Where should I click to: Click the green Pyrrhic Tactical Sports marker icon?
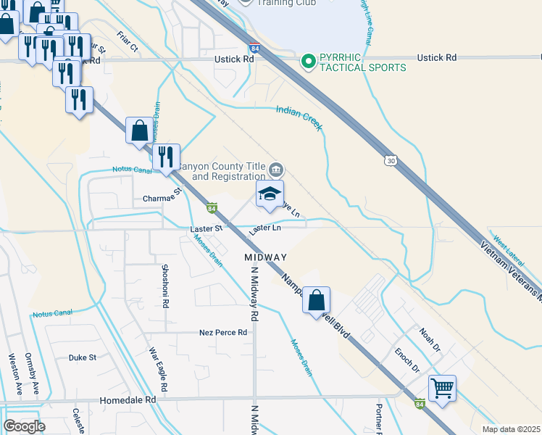pos(307,62)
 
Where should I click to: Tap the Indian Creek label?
pos(299,117)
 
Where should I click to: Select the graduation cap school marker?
pos(270,194)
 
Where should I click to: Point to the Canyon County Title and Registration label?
pos(220,171)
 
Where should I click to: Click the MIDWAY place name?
pos(265,257)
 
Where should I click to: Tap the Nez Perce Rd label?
pos(223,333)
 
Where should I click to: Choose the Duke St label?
pos(82,357)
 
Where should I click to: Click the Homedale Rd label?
pos(130,399)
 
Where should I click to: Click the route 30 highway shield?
pos(391,159)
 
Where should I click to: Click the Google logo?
pos(24,426)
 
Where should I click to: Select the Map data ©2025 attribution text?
pos(511,429)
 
